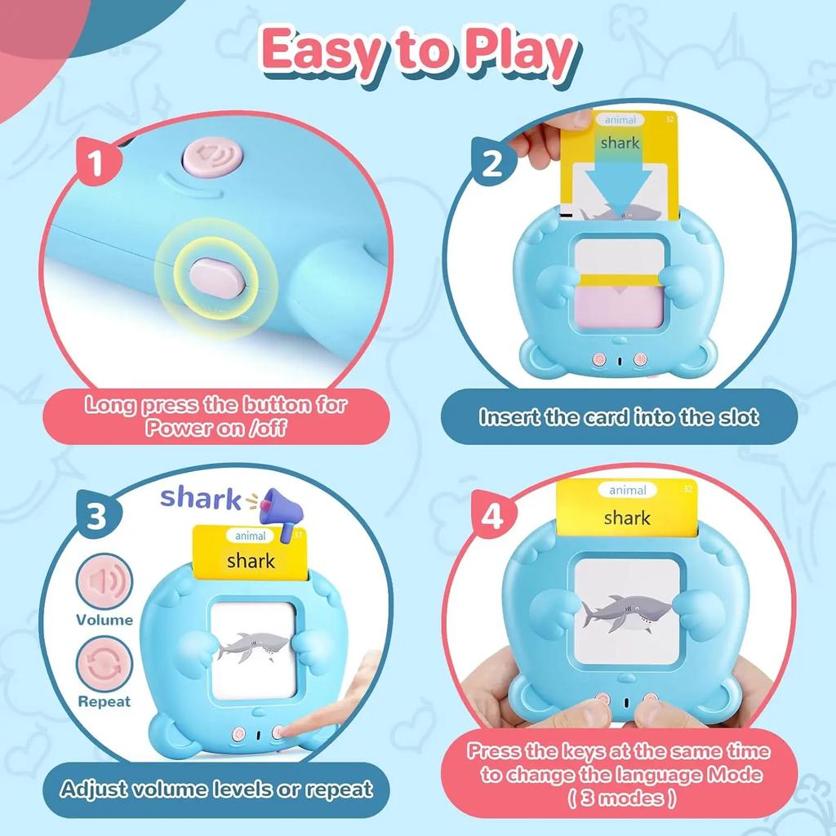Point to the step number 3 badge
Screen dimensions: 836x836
96,518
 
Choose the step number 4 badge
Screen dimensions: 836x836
492,518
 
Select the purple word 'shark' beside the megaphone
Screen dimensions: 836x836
200,498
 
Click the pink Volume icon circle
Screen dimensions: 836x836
104,582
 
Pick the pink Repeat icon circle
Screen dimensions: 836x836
104,665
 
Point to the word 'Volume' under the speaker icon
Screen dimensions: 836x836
104,620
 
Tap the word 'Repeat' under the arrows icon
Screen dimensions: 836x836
104,701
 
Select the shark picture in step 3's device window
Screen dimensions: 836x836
254,647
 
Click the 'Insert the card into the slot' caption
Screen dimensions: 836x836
619,417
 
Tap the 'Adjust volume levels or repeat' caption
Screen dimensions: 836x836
216,789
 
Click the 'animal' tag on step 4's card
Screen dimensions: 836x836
627,490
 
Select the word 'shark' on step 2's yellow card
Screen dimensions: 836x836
620,143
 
